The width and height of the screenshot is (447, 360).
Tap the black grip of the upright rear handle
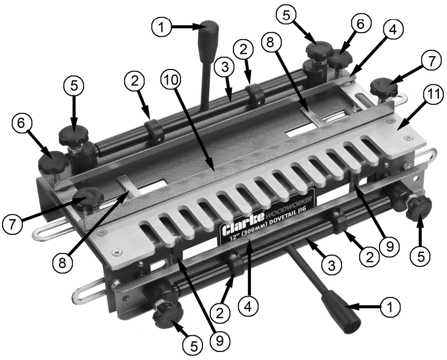pos(208,34)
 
